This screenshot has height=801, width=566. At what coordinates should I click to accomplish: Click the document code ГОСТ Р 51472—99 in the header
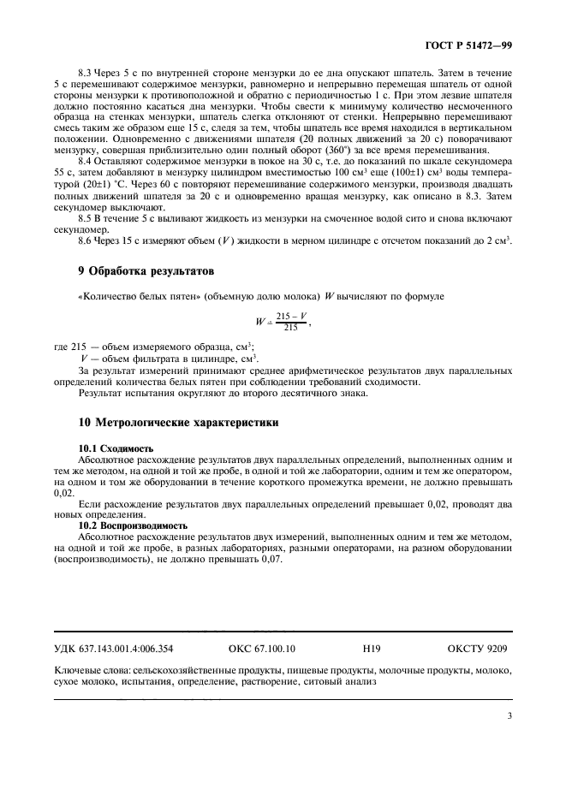(x=469, y=43)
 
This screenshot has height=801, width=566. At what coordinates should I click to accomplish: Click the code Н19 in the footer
(x=371, y=650)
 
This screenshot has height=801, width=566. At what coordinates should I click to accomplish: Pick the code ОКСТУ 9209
(x=477, y=650)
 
